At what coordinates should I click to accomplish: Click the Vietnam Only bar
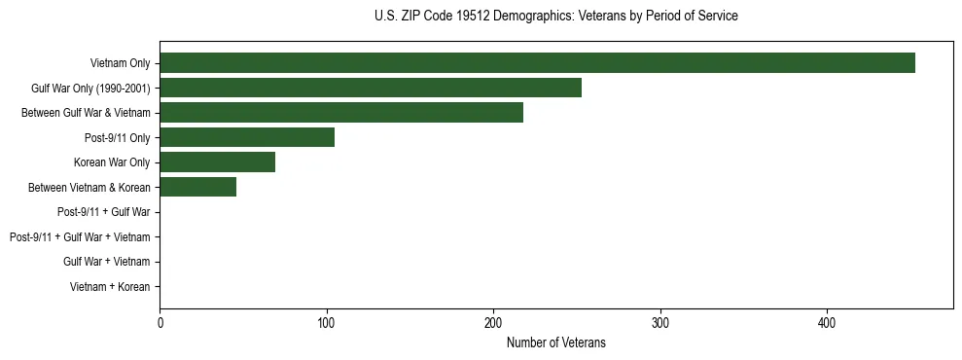(537, 63)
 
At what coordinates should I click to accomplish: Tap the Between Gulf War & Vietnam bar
(341, 113)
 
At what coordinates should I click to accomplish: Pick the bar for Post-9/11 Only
(247, 137)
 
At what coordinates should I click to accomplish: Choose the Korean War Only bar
(217, 162)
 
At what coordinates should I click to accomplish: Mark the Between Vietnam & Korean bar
(197, 187)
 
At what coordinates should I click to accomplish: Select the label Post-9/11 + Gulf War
(103, 212)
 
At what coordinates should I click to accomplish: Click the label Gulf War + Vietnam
(106, 262)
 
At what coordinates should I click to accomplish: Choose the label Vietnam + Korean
(110, 287)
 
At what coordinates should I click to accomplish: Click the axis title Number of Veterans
(555, 342)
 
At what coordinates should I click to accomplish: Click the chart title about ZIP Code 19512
(555, 17)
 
